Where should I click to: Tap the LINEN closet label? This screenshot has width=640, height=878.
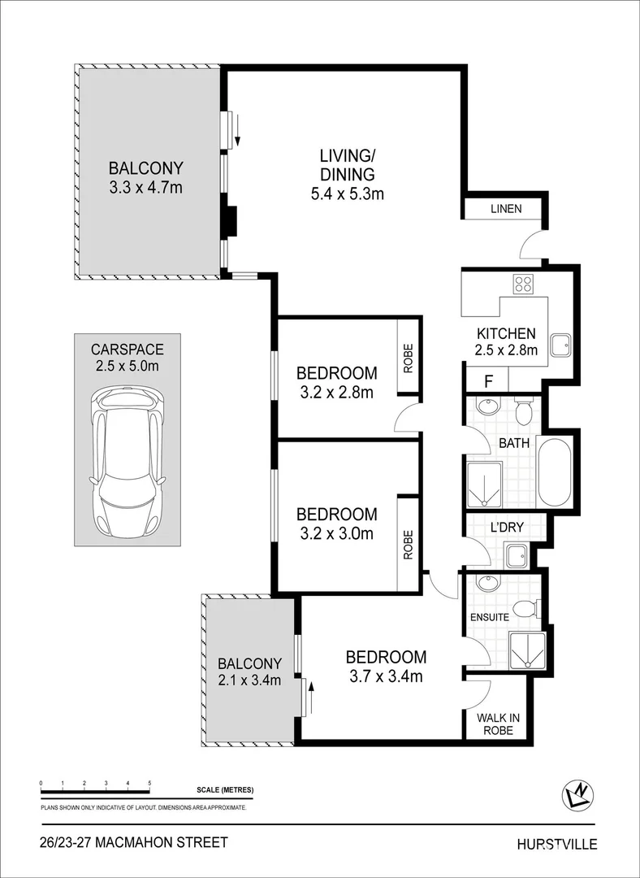pos(505,209)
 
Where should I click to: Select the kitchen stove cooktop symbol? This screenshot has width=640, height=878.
pos(523,285)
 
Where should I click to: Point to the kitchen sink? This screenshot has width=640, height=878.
pos(560,346)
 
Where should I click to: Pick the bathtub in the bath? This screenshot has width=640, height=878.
pos(556,472)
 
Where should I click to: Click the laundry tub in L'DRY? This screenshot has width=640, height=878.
pos(517,556)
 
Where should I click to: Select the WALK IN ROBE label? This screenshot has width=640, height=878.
pos(499,723)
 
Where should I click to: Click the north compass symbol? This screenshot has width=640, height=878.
pos(579,796)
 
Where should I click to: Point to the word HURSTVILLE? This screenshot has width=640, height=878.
pos(556,844)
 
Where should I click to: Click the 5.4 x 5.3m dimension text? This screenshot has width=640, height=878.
pos(347,193)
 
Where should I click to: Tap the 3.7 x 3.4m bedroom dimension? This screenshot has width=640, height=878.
pos(386,676)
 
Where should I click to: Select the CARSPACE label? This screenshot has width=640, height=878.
pos(128,350)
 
